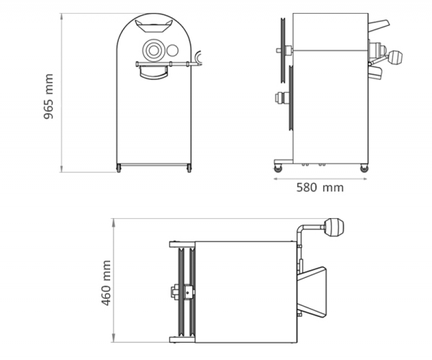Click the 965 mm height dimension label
(x=48, y=97)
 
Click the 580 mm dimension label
(x=320, y=188)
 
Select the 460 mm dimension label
(x=106, y=283)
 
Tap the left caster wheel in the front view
(x=119, y=168)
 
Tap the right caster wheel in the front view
(x=189, y=168)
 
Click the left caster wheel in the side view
(x=278, y=168)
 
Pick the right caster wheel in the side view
(x=364, y=168)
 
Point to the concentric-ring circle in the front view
(x=154, y=50)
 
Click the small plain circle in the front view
(x=172, y=50)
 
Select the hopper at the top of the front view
(x=154, y=26)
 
